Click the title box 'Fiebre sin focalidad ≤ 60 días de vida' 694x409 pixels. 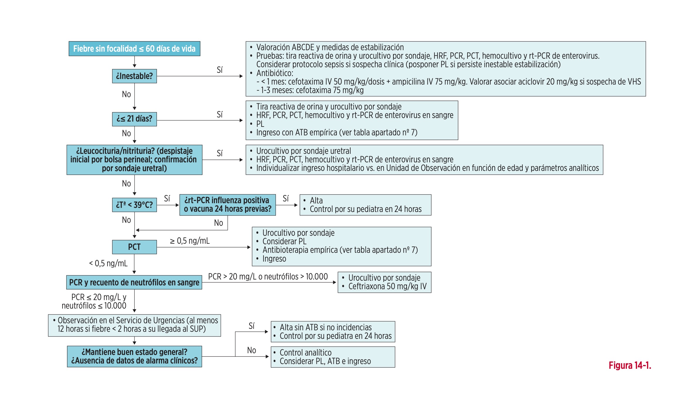click(x=134, y=49)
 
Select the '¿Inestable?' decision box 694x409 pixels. click(x=134, y=76)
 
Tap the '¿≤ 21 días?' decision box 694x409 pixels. click(x=134, y=119)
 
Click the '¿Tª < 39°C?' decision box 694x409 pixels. click(x=134, y=205)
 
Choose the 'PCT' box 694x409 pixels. click(x=134, y=247)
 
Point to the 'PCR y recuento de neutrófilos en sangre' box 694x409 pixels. click(x=134, y=282)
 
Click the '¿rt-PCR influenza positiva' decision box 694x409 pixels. click(x=227, y=205)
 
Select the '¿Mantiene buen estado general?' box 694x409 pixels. click(x=134, y=356)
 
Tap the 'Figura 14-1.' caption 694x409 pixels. click(x=630, y=365)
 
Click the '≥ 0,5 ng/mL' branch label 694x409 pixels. click(x=190, y=241)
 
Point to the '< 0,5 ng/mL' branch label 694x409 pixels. click(x=108, y=263)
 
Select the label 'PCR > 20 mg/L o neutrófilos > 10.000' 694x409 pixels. click(x=268, y=277)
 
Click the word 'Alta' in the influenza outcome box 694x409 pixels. click(x=316, y=201)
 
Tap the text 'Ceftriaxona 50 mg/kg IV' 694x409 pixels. click(x=387, y=286)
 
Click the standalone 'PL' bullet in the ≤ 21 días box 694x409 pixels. click(x=260, y=124)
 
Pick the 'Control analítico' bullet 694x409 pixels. click(x=306, y=352)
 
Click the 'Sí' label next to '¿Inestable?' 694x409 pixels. click(x=220, y=70)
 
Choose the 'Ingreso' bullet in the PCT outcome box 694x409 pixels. click(x=274, y=259)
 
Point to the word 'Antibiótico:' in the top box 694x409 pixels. click(x=275, y=73)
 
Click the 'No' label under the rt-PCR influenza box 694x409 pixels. click(x=218, y=223)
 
